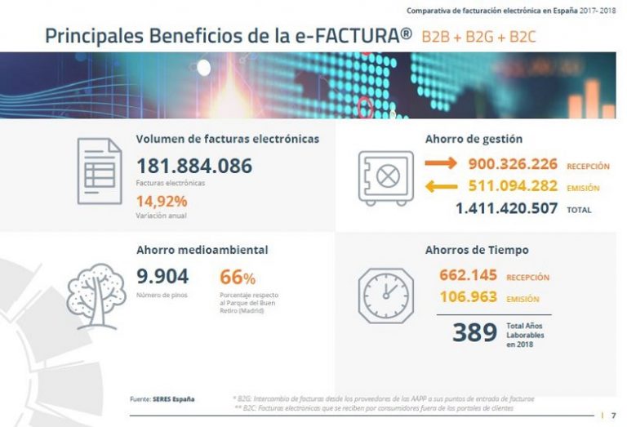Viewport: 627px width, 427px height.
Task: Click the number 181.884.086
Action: [x=193, y=166]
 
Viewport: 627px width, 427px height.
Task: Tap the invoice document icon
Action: [x=100, y=171]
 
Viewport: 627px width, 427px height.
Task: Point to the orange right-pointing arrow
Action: [x=442, y=165]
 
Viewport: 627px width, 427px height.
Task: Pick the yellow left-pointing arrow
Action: [x=442, y=188]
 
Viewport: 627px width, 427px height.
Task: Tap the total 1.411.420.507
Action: [x=506, y=209]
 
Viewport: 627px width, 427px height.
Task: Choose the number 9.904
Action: [x=162, y=276]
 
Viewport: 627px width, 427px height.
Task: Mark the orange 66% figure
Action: [x=238, y=277]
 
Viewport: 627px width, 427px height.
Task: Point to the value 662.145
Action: [x=468, y=275]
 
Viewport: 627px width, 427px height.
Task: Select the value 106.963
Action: [x=468, y=297]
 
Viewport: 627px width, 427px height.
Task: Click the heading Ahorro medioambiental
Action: [x=202, y=250]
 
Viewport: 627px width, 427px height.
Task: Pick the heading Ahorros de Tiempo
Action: [x=476, y=250]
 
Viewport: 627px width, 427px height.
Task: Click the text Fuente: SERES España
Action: [x=162, y=398]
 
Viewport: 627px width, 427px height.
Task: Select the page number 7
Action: [x=613, y=415]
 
